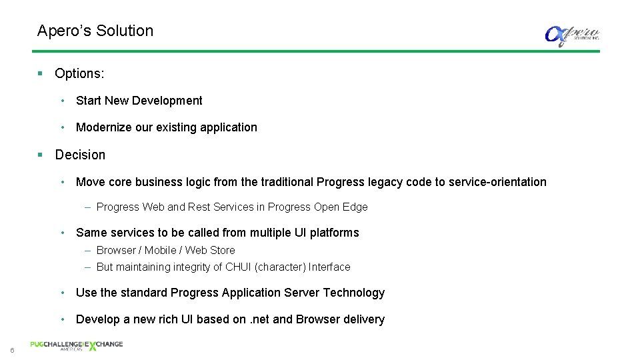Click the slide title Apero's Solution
tap(95, 31)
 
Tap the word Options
tap(79, 73)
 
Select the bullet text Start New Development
tap(139, 101)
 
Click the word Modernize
tap(104, 127)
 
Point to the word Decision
tap(80, 155)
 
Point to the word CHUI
tap(237, 267)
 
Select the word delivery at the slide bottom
tap(363, 319)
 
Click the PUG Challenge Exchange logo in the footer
tap(76, 345)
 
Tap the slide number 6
tap(11, 351)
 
